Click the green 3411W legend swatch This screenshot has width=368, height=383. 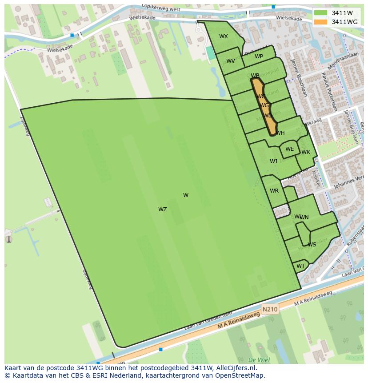point(320,13)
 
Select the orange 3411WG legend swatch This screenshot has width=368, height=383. point(320,22)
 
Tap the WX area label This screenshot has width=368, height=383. point(224,36)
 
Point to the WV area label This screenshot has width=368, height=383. point(231,61)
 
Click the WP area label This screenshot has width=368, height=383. point(259,56)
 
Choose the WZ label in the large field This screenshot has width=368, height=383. point(163,210)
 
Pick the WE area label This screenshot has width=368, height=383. point(290,149)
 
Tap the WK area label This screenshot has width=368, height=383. point(306,152)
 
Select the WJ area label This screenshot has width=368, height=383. point(273,161)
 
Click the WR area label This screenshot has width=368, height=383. point(274,191)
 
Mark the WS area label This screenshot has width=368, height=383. point(312,245)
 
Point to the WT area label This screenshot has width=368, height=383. point(301,266)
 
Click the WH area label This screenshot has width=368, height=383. point(280,133)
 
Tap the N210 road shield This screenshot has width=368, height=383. point(270,309)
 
